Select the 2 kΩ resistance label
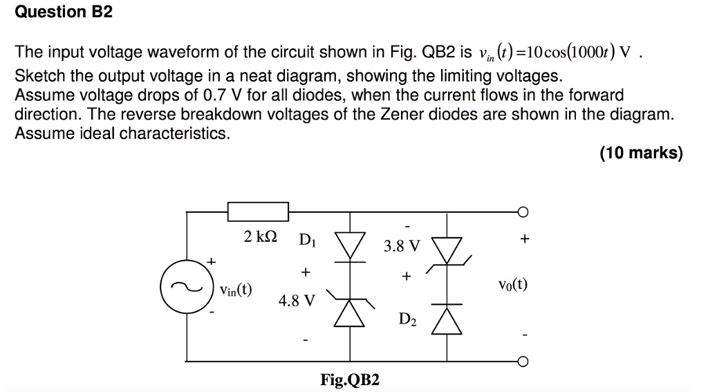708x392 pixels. (261, 236)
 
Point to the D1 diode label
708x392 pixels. (308, 239)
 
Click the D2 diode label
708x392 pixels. (407, 319)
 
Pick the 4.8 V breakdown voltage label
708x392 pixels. (297, 300)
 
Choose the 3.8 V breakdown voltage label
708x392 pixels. (402, 246)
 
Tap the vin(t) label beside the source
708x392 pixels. (236, 290)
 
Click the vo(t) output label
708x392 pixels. (513, 285)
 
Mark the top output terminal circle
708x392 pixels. (523, 212)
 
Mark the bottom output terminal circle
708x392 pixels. (523, 362)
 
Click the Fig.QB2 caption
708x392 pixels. (350, 380)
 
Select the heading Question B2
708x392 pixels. (64, 12)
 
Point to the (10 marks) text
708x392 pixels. (641, 153)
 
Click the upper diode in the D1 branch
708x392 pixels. (350, 247)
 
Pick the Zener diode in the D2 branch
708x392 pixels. (447, 252)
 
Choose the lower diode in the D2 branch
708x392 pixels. (447, 319)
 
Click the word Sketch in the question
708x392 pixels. (39, 75)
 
